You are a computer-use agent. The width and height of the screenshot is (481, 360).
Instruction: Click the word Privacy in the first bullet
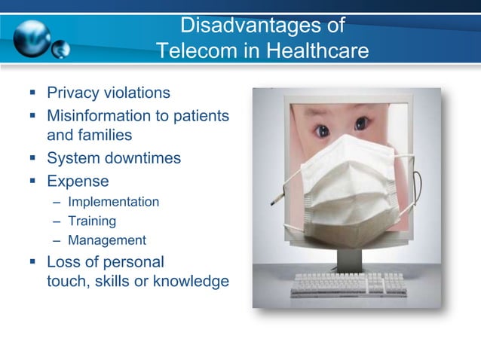pyautogui.click(x=73, y=93)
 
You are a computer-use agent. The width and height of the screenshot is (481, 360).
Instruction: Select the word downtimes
pyautogui.click(x=144, y=159)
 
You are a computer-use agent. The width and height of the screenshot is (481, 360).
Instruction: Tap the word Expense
pyautogui.click(x=78, y=182)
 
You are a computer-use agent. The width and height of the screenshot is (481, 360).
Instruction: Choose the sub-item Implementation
pyautogui.click(x=113, y=202)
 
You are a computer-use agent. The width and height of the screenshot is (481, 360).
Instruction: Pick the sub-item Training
pyautogui.click(x=92, y=221)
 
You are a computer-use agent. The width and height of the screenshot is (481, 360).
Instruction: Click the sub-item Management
pyautogui.click(x=106, y=241)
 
